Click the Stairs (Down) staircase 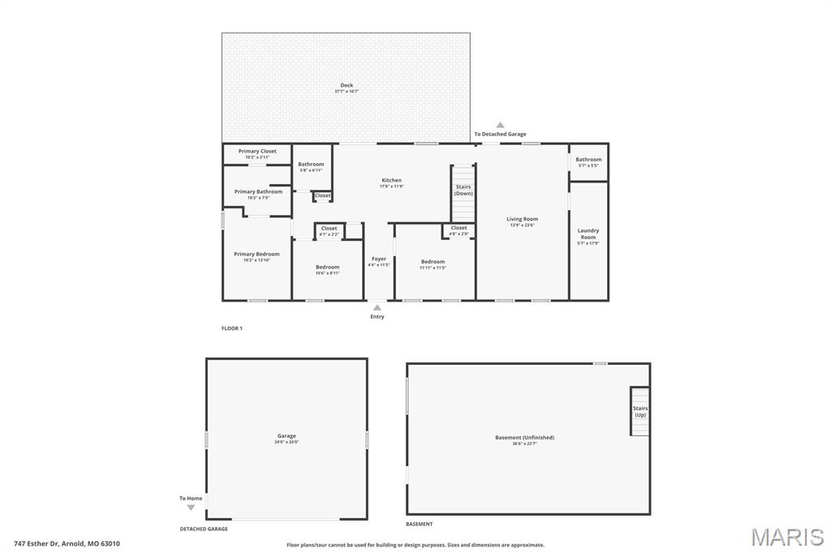(x=463, y=191)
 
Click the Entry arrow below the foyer (x=377, y=307)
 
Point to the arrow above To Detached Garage (x=501, y=125)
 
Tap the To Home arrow (x=191, y=508)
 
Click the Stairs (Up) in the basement (x=640, y=411)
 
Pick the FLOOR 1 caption (x=232, y=328)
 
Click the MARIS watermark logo (x=787, y=536)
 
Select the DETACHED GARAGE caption (x=204, y=529)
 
